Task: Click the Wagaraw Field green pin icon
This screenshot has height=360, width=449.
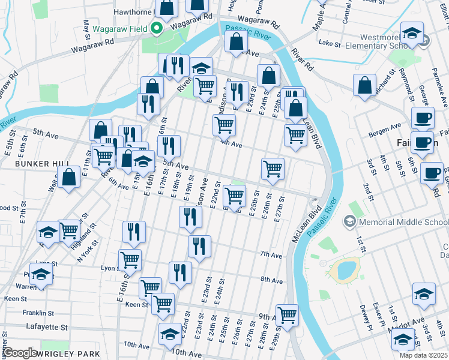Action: tap(157, 28)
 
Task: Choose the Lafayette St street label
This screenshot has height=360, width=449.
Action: tap(47, 327)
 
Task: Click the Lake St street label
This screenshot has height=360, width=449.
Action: tap(330, 44)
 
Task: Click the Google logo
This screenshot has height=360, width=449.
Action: tap(19, 353)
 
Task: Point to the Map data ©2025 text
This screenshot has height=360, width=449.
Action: tap(423, 355)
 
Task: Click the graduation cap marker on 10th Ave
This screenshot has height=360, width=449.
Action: tap(170, 334)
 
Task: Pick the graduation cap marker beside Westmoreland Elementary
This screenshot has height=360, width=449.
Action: tap(412, 33)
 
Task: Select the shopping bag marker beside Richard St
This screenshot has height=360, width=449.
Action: tap(365, 86)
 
